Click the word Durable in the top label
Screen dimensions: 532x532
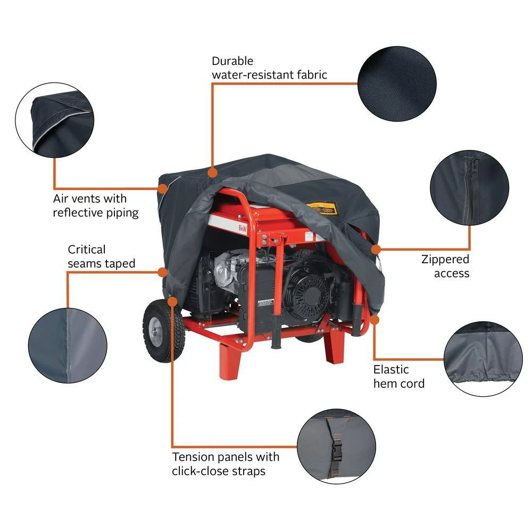click(232, 61)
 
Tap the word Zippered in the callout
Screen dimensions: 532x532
click(445, 259)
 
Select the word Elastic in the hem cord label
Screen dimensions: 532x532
click(391, 370)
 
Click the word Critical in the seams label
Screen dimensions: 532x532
click(87, 250)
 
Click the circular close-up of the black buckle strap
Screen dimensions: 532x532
click(336, 446)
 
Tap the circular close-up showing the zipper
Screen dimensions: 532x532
click(470, 188)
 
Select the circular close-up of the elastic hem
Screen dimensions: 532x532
click(483, 359)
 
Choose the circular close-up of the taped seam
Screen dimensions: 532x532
click(68, 345)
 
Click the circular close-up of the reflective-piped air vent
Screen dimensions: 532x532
click(55, 120)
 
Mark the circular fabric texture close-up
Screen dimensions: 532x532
click(397, 84)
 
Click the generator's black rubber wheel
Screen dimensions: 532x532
click(163, 330)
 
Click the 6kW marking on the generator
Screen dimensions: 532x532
click(243, 228)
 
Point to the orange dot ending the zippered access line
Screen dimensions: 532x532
click(376, 250)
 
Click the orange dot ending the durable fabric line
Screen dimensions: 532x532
click(212, 173)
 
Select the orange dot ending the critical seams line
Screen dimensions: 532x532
click(162, 272)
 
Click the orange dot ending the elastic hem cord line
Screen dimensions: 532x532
click(374, 320)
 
